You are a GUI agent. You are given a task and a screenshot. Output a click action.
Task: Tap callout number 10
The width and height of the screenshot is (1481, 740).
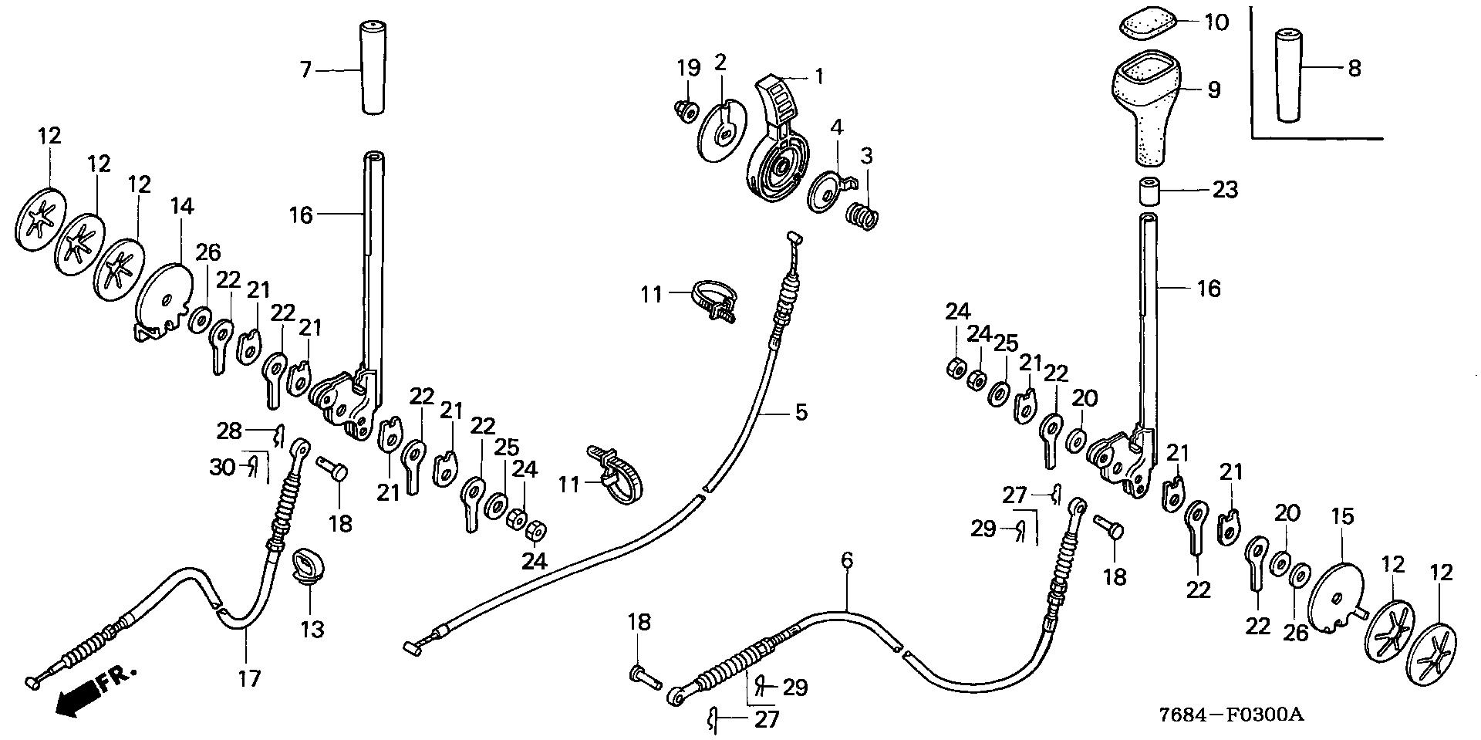[1216, 22]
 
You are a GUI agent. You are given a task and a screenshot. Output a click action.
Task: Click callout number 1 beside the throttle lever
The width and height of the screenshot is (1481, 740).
[819, 76]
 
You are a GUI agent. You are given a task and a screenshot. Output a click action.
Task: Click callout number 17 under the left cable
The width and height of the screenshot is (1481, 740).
[249, 678]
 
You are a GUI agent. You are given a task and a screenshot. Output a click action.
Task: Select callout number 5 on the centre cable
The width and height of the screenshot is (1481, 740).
[801, 413]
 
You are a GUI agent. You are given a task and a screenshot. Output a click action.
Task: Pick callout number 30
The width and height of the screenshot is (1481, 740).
[222, 467]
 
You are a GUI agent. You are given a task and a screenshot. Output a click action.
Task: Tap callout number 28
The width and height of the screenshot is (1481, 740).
[230, 431]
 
